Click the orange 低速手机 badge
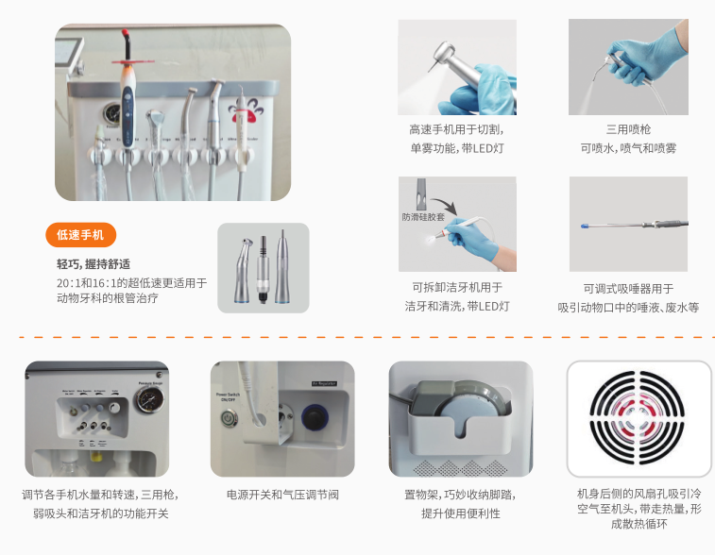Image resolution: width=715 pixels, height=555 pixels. coord(80,235)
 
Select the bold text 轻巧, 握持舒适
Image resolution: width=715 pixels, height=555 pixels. coord(94,263)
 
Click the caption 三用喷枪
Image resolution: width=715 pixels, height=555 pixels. coord(628,129)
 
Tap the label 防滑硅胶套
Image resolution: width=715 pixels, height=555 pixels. coord(423,216)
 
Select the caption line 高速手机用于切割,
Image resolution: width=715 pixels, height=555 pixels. coord(456,129)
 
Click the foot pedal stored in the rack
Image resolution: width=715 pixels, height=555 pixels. coord(461,400)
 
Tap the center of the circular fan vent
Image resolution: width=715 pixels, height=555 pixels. coord(638,418)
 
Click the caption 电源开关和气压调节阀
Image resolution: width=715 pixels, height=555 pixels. coord(282,495)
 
